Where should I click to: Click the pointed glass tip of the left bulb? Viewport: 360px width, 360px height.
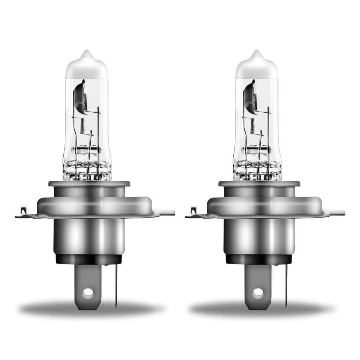tap(87, 53)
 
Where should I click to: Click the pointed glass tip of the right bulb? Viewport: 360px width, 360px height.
tap(257, 53)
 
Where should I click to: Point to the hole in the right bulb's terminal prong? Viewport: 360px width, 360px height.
tap(258, 292)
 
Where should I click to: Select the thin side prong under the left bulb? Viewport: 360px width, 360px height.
tap(116, 286)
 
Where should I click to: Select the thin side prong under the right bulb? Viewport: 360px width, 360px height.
tap(286, 286)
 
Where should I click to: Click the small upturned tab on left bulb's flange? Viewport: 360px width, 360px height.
tap(23, 210)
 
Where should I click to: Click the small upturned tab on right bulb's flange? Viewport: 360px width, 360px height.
tap(194, 210)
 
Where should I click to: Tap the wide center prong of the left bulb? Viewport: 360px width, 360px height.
tap(88, 280)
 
